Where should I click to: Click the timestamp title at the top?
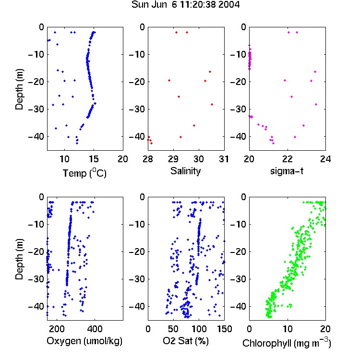pyautogui.click(x=185, y=5)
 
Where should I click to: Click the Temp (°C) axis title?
pyautogui.click(x=84, y=173)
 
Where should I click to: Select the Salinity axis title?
pyautogui.click(x=185, y=171)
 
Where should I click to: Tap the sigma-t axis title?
pyautogui.click(x=287, y=171)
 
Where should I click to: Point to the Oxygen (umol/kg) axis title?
pyautogui.click(x=84, y=341)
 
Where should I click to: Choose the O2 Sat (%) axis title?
pyautogui.click(x=186, y=341)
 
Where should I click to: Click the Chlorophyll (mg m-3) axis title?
pyautogui.click(x=287, y=343)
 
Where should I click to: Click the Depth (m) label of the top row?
pyautogui.click(x=19, y=89)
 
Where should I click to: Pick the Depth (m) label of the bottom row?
pyautogui.click(x=19, y=259)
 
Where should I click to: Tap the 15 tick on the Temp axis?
pyautogui.click(x=94, y=159)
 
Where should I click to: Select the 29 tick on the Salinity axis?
pyautogui.click(x=173, y=159)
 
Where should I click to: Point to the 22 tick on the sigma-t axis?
pyautogui.click(x=288, y=159)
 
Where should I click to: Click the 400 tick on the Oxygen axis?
pyautogui.click(x=95, y=329)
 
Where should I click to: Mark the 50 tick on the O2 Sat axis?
pyautogui.click(x=173, y=329)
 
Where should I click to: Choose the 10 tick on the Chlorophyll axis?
pyautogui.click(x=288, y=329)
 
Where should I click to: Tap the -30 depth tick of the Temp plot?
pyautogui.click(x=36, y=109)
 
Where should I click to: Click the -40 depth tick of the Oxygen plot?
pyautogui.click(x=36, y=306)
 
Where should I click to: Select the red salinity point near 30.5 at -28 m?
pyautogui.click(x=212, y=105)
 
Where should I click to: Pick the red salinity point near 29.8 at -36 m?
pyautogui.click(x=194, y=126)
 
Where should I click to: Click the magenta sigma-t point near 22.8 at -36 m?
pyautogui.click(x=303, y=126)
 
